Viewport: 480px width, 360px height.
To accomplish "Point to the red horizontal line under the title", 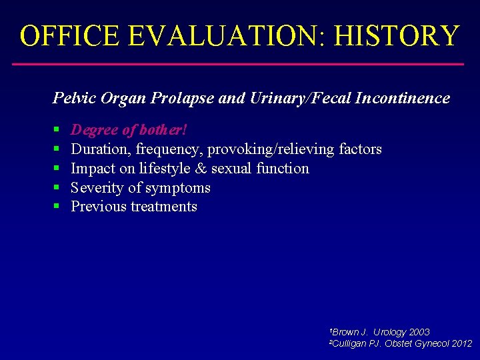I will coord(238,64).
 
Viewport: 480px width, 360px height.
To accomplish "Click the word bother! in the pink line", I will coord(163,130).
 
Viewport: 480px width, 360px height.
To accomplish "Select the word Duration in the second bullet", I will coord(100,149).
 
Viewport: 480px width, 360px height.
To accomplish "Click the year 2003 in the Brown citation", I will coord(419,332).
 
